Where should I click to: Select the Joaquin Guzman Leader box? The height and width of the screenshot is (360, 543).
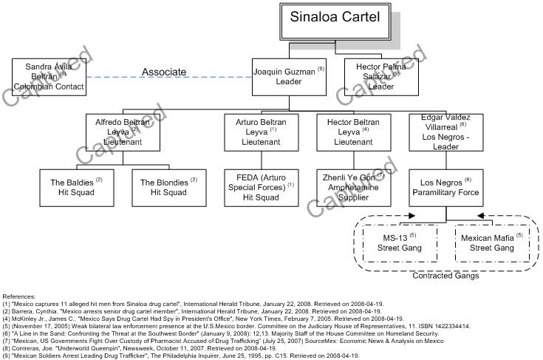[x=289, y=76]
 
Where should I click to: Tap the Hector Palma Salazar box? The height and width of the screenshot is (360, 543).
[x=381, y=76]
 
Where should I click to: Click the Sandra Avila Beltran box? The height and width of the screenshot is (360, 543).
[x=49, y=77]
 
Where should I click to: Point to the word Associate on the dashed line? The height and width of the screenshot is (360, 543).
[x=164, y=72]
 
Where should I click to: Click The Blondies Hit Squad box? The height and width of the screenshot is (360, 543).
[x=168, y=187]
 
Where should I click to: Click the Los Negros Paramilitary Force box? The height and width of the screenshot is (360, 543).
[x=445, y=187]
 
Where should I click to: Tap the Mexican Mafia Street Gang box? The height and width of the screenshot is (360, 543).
[x=491, y=243]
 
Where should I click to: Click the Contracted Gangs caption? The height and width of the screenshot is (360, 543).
[x=445, y=276]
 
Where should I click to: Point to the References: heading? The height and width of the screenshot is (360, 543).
[x=18, y=296]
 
